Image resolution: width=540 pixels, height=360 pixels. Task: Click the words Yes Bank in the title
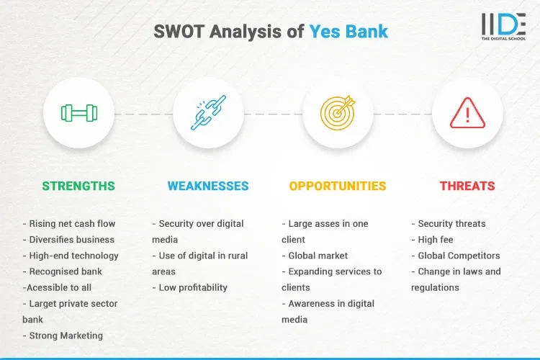pos(349,32)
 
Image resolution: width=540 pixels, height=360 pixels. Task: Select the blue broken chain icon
pos(208,113)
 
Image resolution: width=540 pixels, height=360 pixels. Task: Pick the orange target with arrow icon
pos(338,113)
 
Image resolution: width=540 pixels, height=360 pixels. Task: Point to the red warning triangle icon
pos(467,113)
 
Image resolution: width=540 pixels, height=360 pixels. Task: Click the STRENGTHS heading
pos(78,186)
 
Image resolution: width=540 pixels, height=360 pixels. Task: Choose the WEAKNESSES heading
pos(208,186)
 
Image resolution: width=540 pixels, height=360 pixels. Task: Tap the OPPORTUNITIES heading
pos(338,186)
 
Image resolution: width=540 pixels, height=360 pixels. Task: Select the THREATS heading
pos(467,186)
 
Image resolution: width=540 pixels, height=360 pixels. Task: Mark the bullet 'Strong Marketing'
pos(65,335)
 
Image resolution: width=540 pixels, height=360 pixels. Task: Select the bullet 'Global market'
pos(318,256)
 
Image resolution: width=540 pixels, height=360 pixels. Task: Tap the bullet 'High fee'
pos(435,240)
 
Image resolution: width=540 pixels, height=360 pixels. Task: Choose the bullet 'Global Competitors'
pos(459,256)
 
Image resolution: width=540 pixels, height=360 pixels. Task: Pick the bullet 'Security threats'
pos(451,224)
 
